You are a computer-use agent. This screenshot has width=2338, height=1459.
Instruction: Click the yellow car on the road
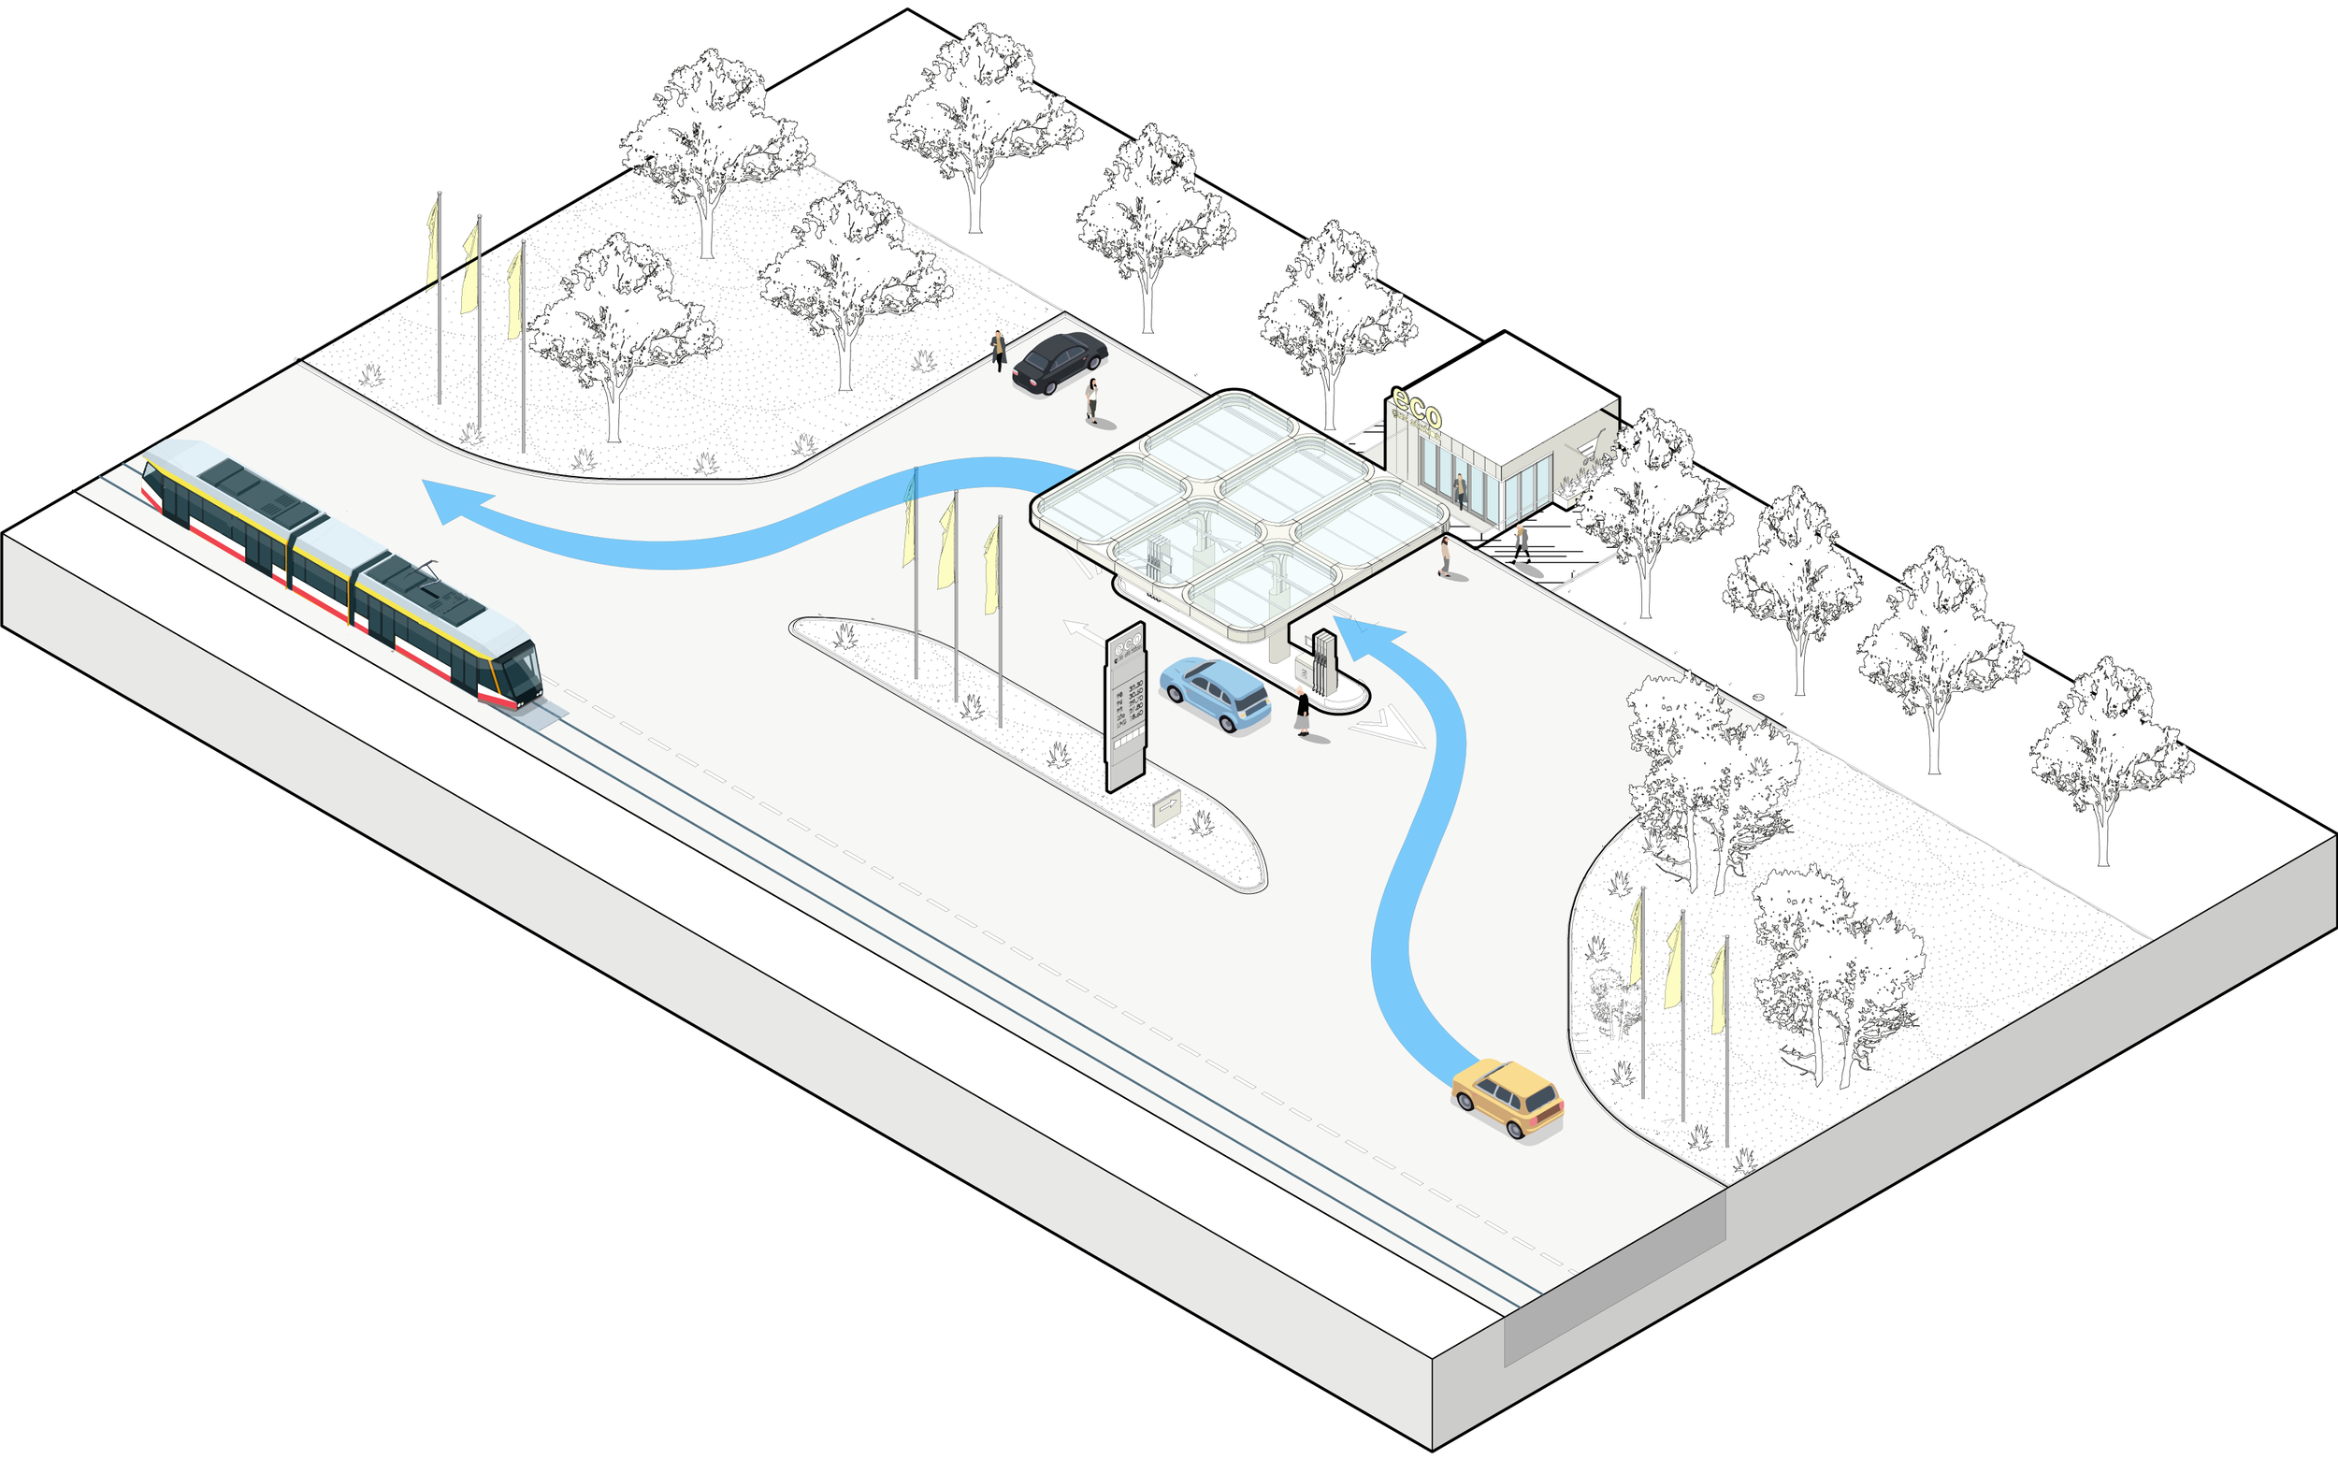(x=1508, y=1097)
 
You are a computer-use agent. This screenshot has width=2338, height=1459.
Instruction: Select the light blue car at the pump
(x=1215, y=693)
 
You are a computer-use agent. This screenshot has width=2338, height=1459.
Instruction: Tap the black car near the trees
(x=1060, y=362)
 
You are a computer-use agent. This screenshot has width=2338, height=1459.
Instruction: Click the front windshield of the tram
(x=526, y=672)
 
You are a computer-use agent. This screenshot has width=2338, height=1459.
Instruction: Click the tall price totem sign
(x=1125, y=708)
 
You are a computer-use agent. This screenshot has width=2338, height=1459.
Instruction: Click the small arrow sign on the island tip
(x=1166, y=807)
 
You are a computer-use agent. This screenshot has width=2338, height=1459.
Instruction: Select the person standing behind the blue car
(x=1303, y=714)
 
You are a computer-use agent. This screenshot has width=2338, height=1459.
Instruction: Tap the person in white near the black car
(x=1092, y=398)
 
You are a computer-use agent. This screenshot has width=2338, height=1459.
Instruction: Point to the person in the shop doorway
(x=1460, y=490)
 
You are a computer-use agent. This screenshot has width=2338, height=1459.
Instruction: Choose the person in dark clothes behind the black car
(x=999, y=349)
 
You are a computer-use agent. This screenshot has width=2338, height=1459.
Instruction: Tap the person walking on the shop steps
(x=1522, y=542)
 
